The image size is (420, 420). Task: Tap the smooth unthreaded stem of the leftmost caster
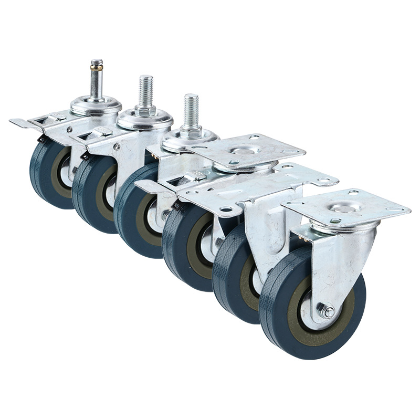click(x=97, y=84)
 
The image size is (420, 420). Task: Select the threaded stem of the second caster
click(x=146, y=90)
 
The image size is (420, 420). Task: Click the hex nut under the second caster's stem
click(x=145, y=111)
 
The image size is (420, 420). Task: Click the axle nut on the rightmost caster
click(x=328, y=312)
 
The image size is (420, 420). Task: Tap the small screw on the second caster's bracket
click(x=115, y=148)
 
